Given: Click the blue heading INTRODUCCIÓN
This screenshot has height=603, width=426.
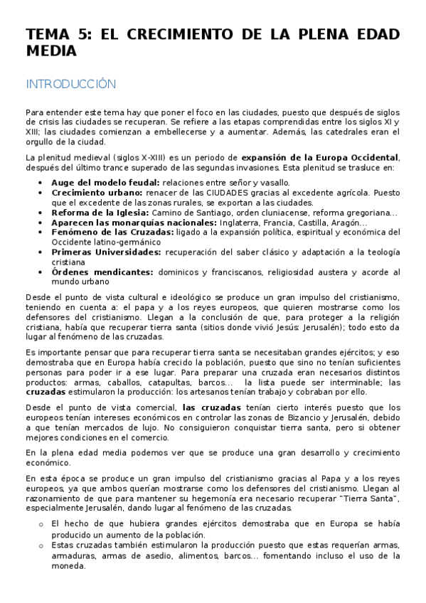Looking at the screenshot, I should pos(70,84).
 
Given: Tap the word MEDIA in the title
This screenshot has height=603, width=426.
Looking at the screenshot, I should pos(51,51).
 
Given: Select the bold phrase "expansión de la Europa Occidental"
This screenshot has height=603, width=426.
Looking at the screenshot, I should pos(320,157).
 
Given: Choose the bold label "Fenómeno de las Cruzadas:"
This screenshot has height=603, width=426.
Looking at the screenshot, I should pos(107,233).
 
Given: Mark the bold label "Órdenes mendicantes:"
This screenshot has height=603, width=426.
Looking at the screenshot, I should pos(102,272).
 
